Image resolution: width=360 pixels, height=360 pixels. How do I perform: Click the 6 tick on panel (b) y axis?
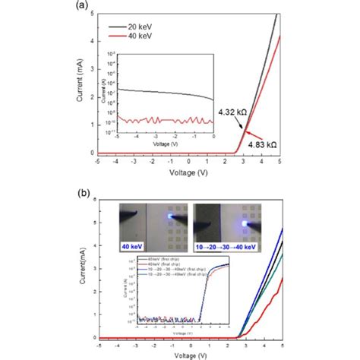pyautogui.click(x=93, y=199)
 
